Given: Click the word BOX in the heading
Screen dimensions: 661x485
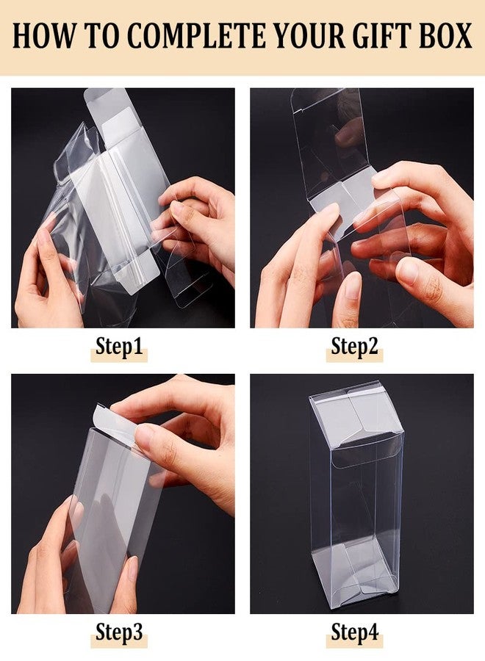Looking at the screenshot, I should click(x=445, y=36).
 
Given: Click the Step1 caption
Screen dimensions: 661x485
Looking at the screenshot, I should click(x=118, y=347).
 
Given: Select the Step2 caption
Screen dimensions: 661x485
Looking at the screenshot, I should click(x=354, y=347).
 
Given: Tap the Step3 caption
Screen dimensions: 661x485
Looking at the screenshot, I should click(x=118, y=632).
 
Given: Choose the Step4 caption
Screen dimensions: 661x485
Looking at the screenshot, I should click(x=354, y=632).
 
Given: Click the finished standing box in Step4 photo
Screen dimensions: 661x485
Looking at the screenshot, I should click(x=356, y=499).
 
